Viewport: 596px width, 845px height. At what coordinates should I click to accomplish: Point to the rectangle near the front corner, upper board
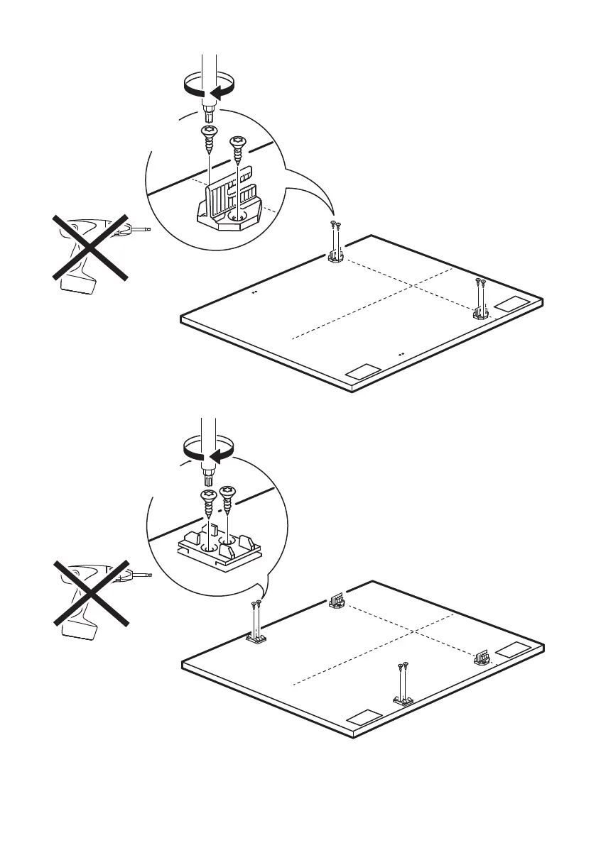point(362,371)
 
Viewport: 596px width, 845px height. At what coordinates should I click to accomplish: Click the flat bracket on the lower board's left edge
point(256,641)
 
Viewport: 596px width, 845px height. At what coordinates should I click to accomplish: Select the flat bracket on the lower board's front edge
point(403,700)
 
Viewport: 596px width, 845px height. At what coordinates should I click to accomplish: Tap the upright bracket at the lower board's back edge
point(337,602)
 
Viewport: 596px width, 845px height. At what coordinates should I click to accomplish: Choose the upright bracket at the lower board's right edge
point(482,656)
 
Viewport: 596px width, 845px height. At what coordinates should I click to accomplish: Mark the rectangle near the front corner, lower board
point(362,717)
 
